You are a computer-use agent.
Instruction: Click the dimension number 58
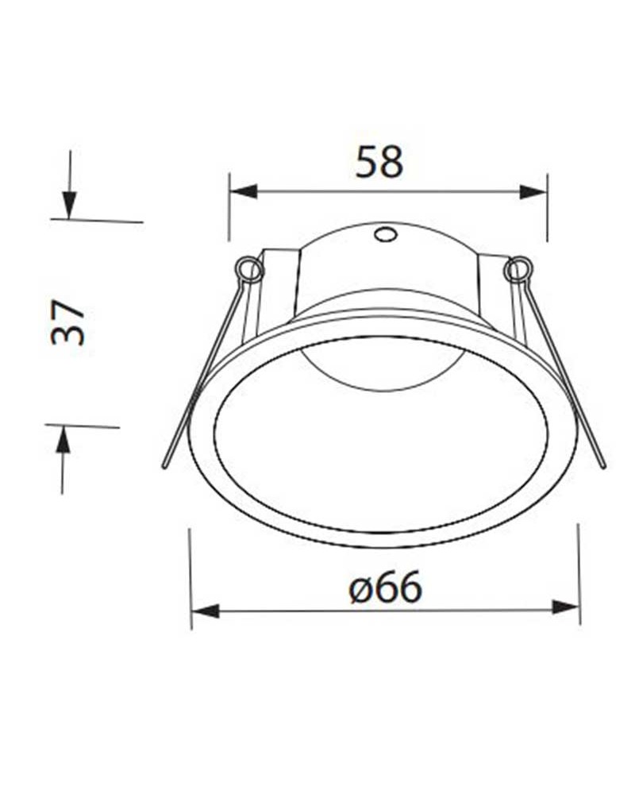(x=379, y=161)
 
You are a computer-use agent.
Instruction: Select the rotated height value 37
(x=68, y=322)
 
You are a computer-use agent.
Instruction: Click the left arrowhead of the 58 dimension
(x=243, y=191)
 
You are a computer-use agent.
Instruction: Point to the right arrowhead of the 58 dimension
(x=533, y=191)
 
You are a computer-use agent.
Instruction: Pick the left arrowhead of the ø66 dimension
(x=205, y=611)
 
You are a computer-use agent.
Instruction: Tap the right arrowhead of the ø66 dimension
(x=565, y=607)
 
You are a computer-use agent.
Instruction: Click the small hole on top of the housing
(x=385, y=234)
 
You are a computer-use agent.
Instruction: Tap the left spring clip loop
(x=250, y=270)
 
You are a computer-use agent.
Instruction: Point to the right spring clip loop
(x=517, y=270)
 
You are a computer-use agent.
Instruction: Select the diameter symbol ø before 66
(x=358, y=590)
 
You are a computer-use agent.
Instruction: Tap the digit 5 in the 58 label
(x=367, y=161)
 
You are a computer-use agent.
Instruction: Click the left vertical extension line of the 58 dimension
(x=229, y=208)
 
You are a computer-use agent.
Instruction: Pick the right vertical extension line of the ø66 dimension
(x=578, y=572)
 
